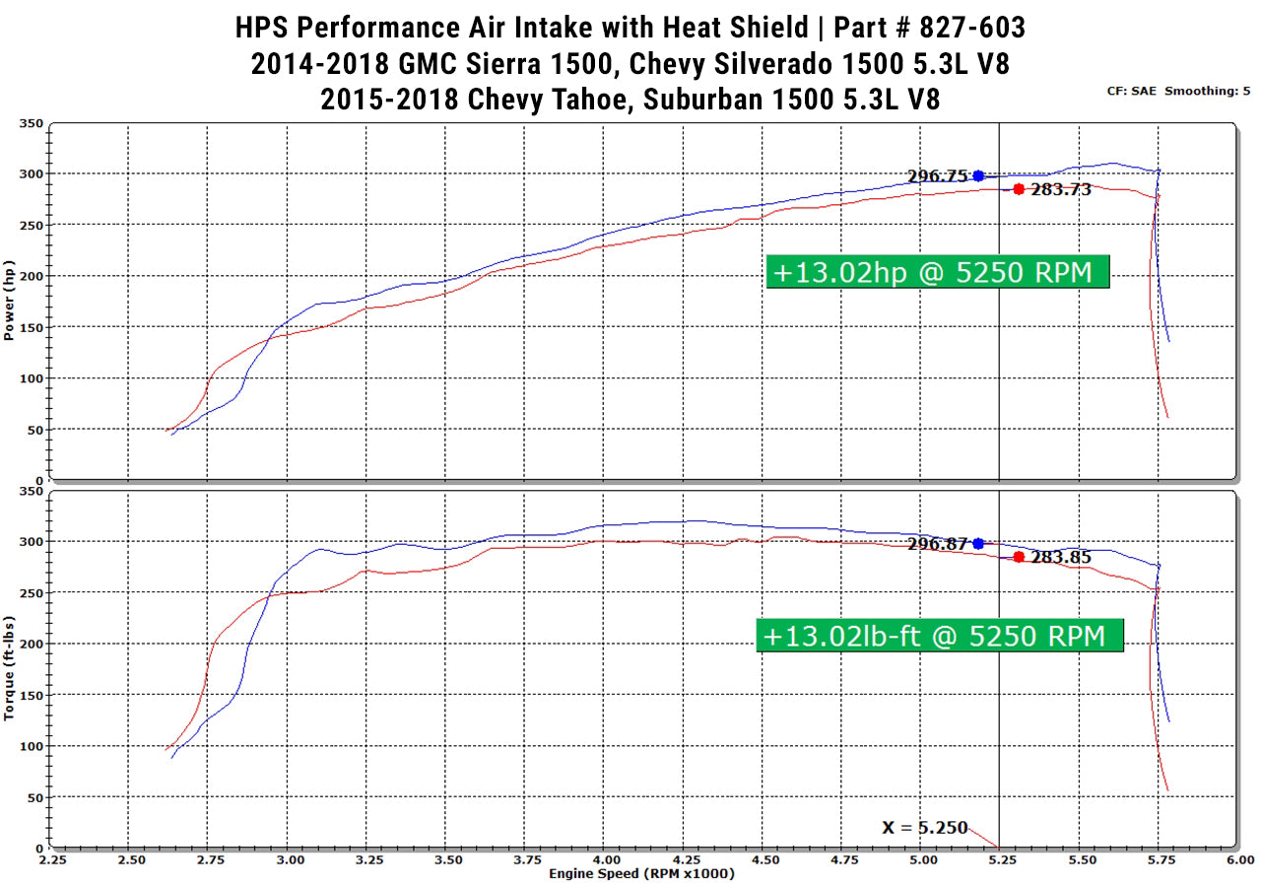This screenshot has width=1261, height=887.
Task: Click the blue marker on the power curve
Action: tap(978, 175)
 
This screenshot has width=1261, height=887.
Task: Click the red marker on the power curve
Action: tap(1019, 189)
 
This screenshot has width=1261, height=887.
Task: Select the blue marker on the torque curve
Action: tap(978, 543)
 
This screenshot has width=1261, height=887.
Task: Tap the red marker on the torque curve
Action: tap(1019, 557)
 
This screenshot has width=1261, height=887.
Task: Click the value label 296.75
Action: tap(938, 176)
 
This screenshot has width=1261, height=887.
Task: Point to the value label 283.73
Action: tap(1061, 190)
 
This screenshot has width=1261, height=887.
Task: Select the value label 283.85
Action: tap(1061, 558)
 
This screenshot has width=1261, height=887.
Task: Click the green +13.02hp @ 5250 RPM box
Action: tap(937, 271)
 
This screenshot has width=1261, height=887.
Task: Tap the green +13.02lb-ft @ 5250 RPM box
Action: tap(939, 636)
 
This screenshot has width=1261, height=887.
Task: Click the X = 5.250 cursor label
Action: tap(925, 828)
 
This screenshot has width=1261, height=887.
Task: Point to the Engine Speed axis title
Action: tap(641, 874)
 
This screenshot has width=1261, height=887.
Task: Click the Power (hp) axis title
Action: tap(9, 302)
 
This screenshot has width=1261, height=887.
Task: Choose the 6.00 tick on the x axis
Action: tap(1239, 859)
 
